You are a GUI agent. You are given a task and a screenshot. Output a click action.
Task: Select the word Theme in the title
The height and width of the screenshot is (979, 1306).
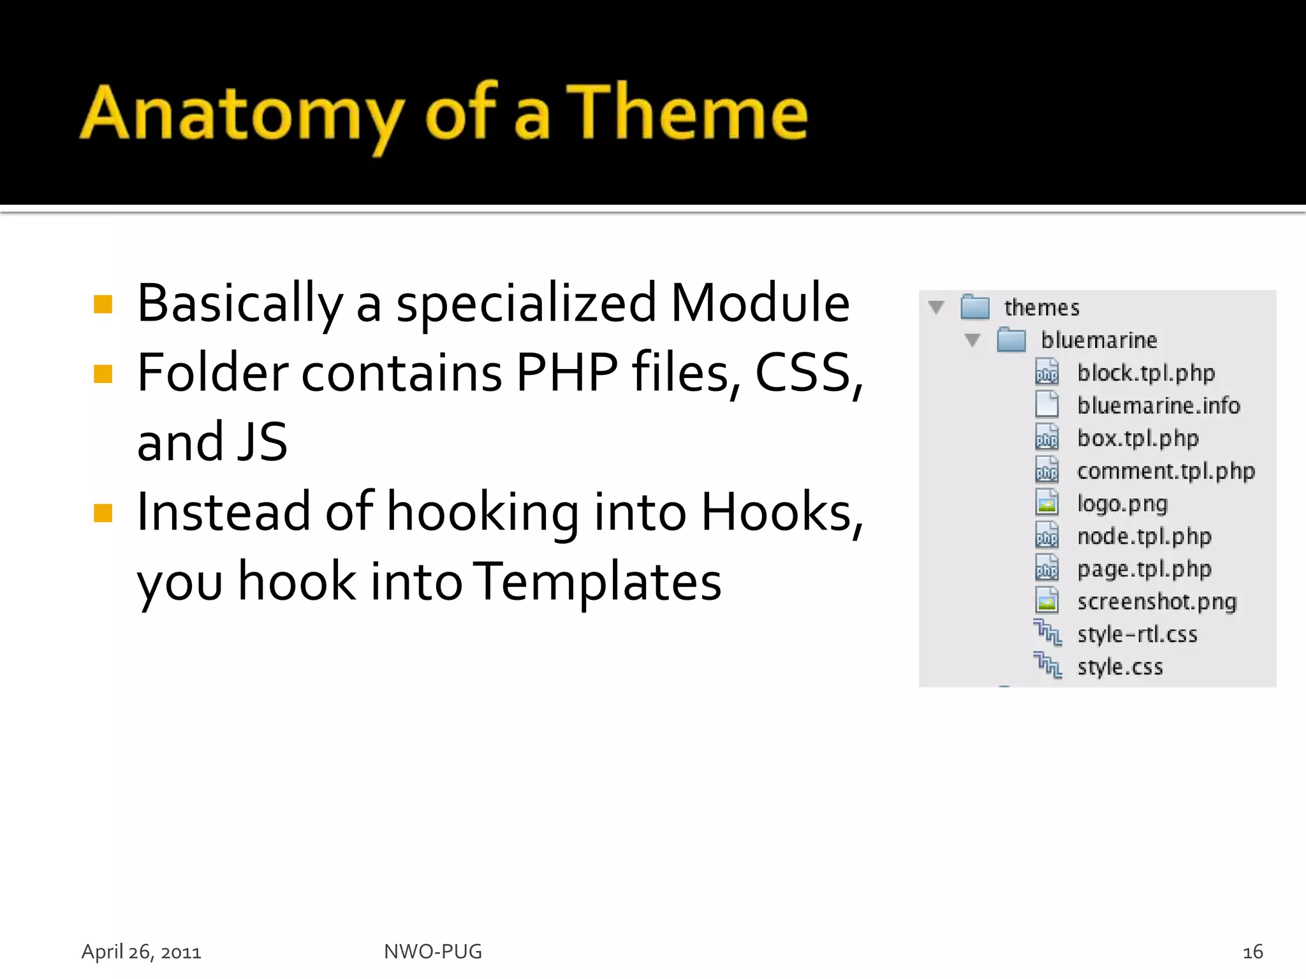coord(687,113)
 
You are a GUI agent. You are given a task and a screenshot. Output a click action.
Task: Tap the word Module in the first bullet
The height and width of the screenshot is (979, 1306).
coord(760,303)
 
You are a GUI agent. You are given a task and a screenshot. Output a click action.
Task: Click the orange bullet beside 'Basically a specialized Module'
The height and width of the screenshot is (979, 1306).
coord(103,305)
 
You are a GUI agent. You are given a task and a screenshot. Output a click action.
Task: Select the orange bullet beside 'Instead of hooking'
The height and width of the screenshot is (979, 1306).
coord(103,513)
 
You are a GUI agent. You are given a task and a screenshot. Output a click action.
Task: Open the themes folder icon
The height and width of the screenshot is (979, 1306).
coord(975,307)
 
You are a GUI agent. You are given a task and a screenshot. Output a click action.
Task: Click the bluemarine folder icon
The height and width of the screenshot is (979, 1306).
coord(1011,340)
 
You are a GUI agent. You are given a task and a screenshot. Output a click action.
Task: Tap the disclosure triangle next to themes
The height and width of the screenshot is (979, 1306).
coord(936,307)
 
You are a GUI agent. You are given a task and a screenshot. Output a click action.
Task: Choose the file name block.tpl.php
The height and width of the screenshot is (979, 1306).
coord(1146,373)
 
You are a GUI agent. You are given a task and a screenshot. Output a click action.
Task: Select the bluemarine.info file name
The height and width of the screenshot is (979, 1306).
coord(1158,405)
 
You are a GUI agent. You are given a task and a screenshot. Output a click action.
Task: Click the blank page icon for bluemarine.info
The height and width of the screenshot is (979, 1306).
coord(1046,404)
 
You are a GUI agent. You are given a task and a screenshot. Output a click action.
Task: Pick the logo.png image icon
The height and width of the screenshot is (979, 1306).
coord(1046,503)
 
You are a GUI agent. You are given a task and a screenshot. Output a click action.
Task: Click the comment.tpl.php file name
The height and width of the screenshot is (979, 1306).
coord(1166,471)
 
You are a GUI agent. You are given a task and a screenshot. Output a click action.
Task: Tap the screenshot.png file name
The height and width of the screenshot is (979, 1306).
coord(1157,602)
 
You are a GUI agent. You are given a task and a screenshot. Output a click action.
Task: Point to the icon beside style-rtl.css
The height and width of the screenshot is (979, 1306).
coord(1047,633)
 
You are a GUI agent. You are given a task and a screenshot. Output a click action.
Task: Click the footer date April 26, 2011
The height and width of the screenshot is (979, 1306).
coord(142,952)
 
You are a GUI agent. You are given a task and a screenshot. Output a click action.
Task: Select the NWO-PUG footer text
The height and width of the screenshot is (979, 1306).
coord(433,952)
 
